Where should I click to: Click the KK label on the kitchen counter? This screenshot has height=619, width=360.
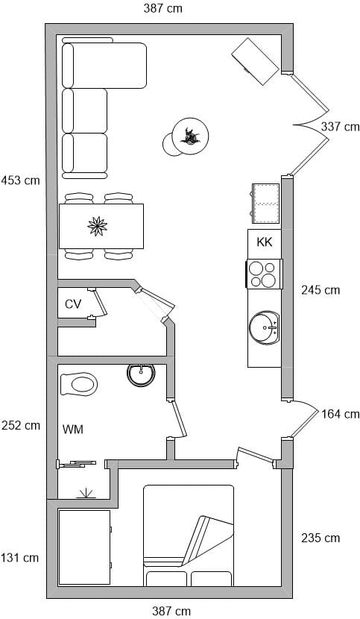point(265,242)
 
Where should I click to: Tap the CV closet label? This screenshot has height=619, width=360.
point(73,304)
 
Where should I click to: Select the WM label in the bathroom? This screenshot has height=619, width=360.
point(73,429)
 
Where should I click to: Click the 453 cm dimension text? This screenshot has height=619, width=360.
point(21,180)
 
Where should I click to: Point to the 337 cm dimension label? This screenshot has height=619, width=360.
point(341,127)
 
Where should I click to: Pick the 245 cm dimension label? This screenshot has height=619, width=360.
point(320,290)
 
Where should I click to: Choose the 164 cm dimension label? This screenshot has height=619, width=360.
point(341,414)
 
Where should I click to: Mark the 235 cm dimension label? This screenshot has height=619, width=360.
point(320,538)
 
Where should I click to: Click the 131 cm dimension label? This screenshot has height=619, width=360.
point(19,558)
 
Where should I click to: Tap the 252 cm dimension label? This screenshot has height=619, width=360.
point(21,426)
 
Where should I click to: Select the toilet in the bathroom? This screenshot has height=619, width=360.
point(79,384)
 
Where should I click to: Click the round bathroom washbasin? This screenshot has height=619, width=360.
point(141,374)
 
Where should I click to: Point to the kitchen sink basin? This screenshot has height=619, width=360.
point(264,327)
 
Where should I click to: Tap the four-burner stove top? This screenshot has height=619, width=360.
point(264,274)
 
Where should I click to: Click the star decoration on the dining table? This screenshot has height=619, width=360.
point(98,226)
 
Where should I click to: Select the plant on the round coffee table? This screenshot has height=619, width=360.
point(191,136)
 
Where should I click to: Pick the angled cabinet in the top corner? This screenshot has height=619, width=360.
point(256,61)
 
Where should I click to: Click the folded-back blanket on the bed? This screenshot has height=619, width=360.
point(208,540)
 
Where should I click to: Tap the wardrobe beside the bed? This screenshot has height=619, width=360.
point(84,547)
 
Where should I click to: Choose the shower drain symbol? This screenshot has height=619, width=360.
point(86,494)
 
